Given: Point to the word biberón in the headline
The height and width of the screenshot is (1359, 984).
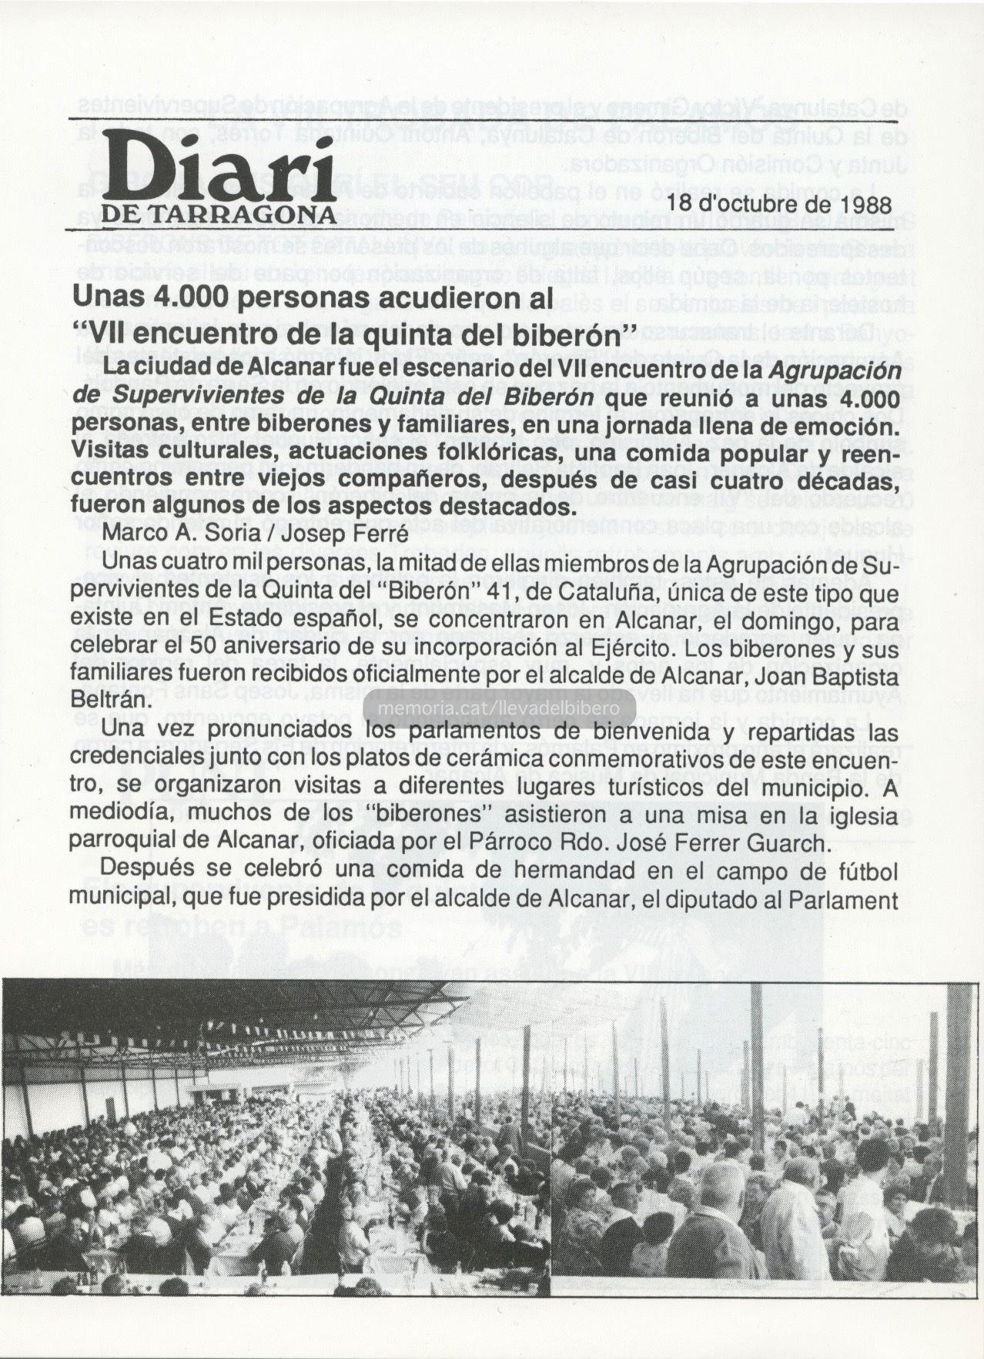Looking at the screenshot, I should (557, 335).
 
